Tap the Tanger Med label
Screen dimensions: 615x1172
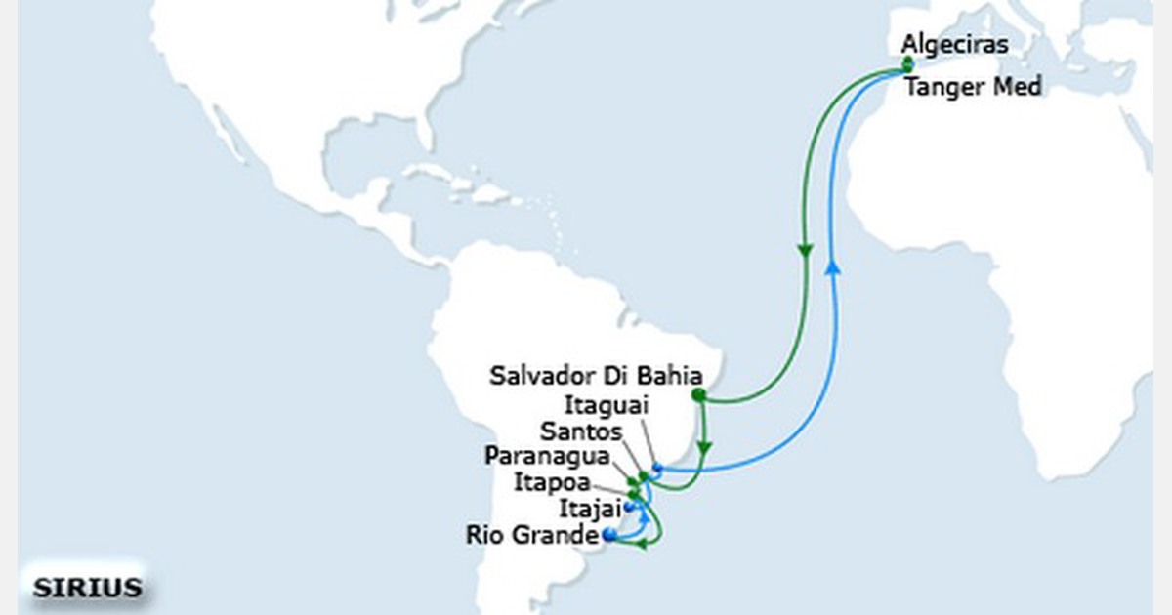pyautogui.click(x=973, y=88)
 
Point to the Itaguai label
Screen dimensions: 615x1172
pyautogui.click(x=606, y=404)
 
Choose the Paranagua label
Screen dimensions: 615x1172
pyautogui.click(x=547, y=456)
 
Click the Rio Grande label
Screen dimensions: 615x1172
pyautogui.click(x=531, y=535)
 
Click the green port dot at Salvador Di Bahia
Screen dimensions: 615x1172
pyautogui.click(x=698, y=395)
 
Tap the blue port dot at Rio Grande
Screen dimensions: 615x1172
pyautogui.click(x=609, y=535)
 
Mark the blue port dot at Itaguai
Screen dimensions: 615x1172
pyautogui.click(x=657, y=470)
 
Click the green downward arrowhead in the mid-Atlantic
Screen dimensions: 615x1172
pyautogui.click(x=806, y=252)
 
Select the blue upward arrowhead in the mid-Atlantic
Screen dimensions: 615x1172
pyautogui.click(x=832, y=266)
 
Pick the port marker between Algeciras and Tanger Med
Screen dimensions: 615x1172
pyautogui.click(x=908, y=65)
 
